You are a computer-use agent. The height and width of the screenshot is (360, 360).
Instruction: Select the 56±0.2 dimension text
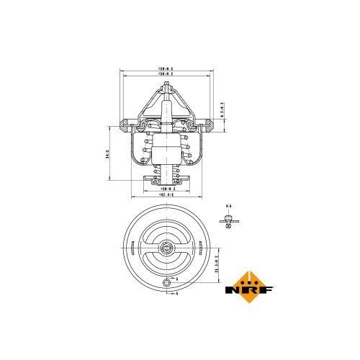click(167, 74)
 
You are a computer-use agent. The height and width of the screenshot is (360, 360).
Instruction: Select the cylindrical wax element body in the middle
click(167, 150)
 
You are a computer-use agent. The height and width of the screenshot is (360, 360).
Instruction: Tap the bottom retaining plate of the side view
click(167, 177)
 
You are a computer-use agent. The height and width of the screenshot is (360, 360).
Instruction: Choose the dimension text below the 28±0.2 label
click(167, 195)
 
